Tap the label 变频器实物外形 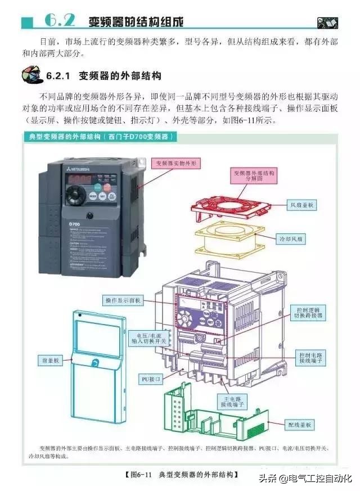point(177,163)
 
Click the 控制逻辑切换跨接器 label point(310,313)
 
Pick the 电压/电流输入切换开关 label point(148,337)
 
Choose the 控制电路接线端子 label point(310,357)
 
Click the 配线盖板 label point(301,425)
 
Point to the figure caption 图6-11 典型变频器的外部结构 point(180,474)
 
